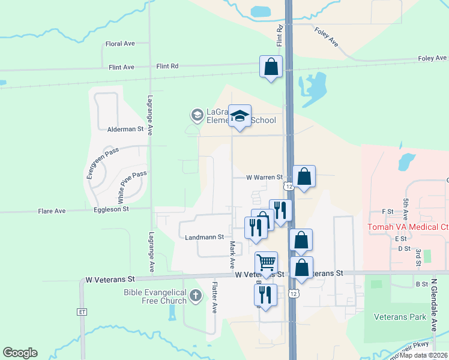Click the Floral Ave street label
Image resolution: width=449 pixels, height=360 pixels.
[119, 44]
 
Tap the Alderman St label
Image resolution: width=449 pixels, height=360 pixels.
[125, 129]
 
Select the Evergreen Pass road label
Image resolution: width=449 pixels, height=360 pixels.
[99, 164]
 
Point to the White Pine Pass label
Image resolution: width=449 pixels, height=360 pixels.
[131, 187]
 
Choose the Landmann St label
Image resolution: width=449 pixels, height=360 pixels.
[204, 237]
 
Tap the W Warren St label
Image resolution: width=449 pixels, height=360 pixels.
[264, 178]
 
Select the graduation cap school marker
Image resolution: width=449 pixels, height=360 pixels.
[240, 115]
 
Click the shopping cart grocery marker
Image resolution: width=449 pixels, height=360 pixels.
[266, 262]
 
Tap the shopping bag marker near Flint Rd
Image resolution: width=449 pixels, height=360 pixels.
[271, 66]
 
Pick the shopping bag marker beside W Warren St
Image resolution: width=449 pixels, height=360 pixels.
[304, 176]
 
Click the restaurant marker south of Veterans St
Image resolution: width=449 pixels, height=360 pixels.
[265, 295]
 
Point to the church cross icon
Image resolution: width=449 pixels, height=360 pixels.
[196, 296]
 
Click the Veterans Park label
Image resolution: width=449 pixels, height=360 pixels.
[400, 317]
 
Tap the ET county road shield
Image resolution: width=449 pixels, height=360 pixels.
[82, 312]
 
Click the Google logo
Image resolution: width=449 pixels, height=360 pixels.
[20, 353]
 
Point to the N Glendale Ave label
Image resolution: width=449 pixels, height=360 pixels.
[433, 305]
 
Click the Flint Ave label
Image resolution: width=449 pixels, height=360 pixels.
[120, 67]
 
